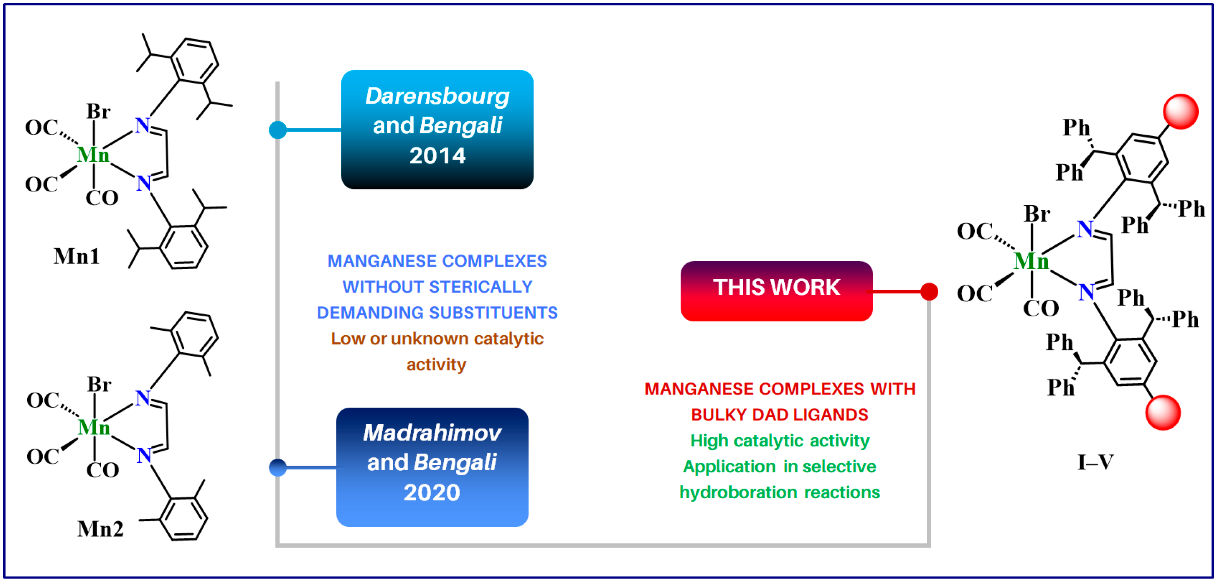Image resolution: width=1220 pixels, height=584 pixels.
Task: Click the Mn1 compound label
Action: click(77, 256)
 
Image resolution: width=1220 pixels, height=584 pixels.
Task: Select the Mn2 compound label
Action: click(100, 529)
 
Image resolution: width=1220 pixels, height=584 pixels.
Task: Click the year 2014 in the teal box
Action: click(437, 156)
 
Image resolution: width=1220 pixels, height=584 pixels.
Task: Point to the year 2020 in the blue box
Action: click(432, 492)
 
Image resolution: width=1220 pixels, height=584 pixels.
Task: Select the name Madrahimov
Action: click(432, 432)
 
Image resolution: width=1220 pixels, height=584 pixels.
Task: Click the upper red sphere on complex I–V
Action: click(1181, 112)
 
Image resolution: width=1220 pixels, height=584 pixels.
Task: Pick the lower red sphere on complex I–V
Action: click(1163, 412)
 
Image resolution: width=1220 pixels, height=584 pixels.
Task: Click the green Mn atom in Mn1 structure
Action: click(93, 155)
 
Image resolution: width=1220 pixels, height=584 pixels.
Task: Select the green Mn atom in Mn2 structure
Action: click(94, 427)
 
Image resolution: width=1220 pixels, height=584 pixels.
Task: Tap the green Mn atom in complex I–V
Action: click(1032, 261)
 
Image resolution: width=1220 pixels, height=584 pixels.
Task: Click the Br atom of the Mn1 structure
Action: click(99, 112)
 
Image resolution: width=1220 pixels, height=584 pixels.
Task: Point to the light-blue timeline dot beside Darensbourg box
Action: click(278, 130)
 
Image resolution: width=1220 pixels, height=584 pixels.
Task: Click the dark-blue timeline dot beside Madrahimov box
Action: click(278, 468)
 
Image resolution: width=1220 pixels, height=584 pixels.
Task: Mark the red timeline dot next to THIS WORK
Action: click(929, 292)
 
